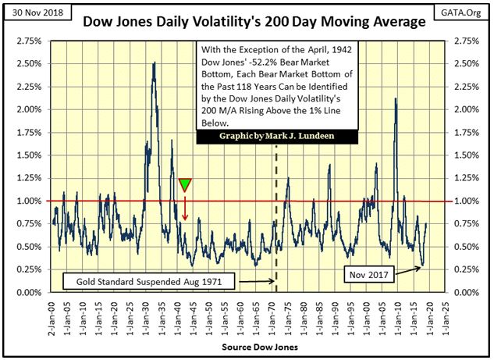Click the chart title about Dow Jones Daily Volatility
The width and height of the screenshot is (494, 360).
pos(255,22)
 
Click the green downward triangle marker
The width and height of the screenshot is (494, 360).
pos(185,184)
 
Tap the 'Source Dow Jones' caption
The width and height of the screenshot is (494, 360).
pos(247,344)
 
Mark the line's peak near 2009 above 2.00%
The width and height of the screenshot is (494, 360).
pos(396,98)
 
